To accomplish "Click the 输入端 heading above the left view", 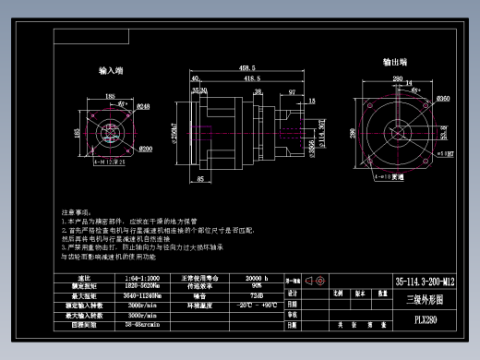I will (x=113, y=70).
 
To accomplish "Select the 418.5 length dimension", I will (x=250, y=79).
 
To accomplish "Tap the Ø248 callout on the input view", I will (x=144, y=107).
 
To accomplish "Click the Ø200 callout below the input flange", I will (x=145, y=149).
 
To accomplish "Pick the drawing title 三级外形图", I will (x=426, y=299).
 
